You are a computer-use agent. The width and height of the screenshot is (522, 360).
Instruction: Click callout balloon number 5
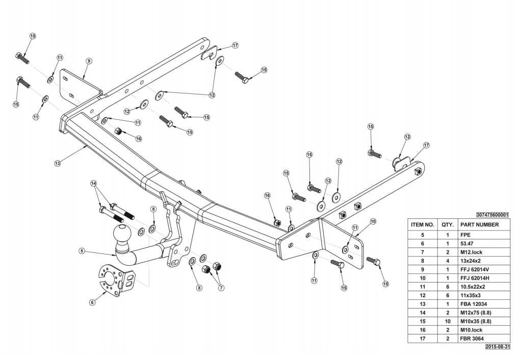coord(82,250)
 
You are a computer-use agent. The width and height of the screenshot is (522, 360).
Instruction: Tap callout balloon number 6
coord(92,302)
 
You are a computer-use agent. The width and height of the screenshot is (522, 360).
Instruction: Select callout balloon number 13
coord(58,163)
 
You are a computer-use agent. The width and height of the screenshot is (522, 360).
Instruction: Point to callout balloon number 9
coord(89,61)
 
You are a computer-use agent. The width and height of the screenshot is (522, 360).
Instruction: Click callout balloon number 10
coord(373,221)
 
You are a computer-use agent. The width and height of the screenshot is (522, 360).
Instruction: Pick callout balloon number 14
coord(93,183)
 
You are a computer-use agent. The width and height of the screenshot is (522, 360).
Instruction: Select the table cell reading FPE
coord(465,235)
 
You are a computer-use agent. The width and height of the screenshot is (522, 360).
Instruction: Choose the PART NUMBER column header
coord(479,224)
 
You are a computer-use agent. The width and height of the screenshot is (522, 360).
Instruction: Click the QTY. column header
coord(447,224)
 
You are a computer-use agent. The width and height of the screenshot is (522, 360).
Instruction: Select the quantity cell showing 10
coord(447,321)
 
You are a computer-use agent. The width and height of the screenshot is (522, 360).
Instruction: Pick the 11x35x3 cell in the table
coord(472,295)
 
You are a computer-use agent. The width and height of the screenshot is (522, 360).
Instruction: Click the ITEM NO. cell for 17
coord(422,339)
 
